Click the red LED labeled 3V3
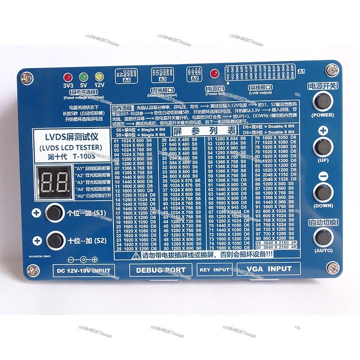pyautogui.click(x=68, y=76)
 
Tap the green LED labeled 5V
pyautogui.click(x=83, y=76)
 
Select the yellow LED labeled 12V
pyautogui.click(x=98, y=76)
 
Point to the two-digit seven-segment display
pyautogui.click(x=54, y=182)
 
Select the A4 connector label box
pyautogui.click(x=126, y=80)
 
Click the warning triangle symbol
pyautogui.click(x=136, y=255)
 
